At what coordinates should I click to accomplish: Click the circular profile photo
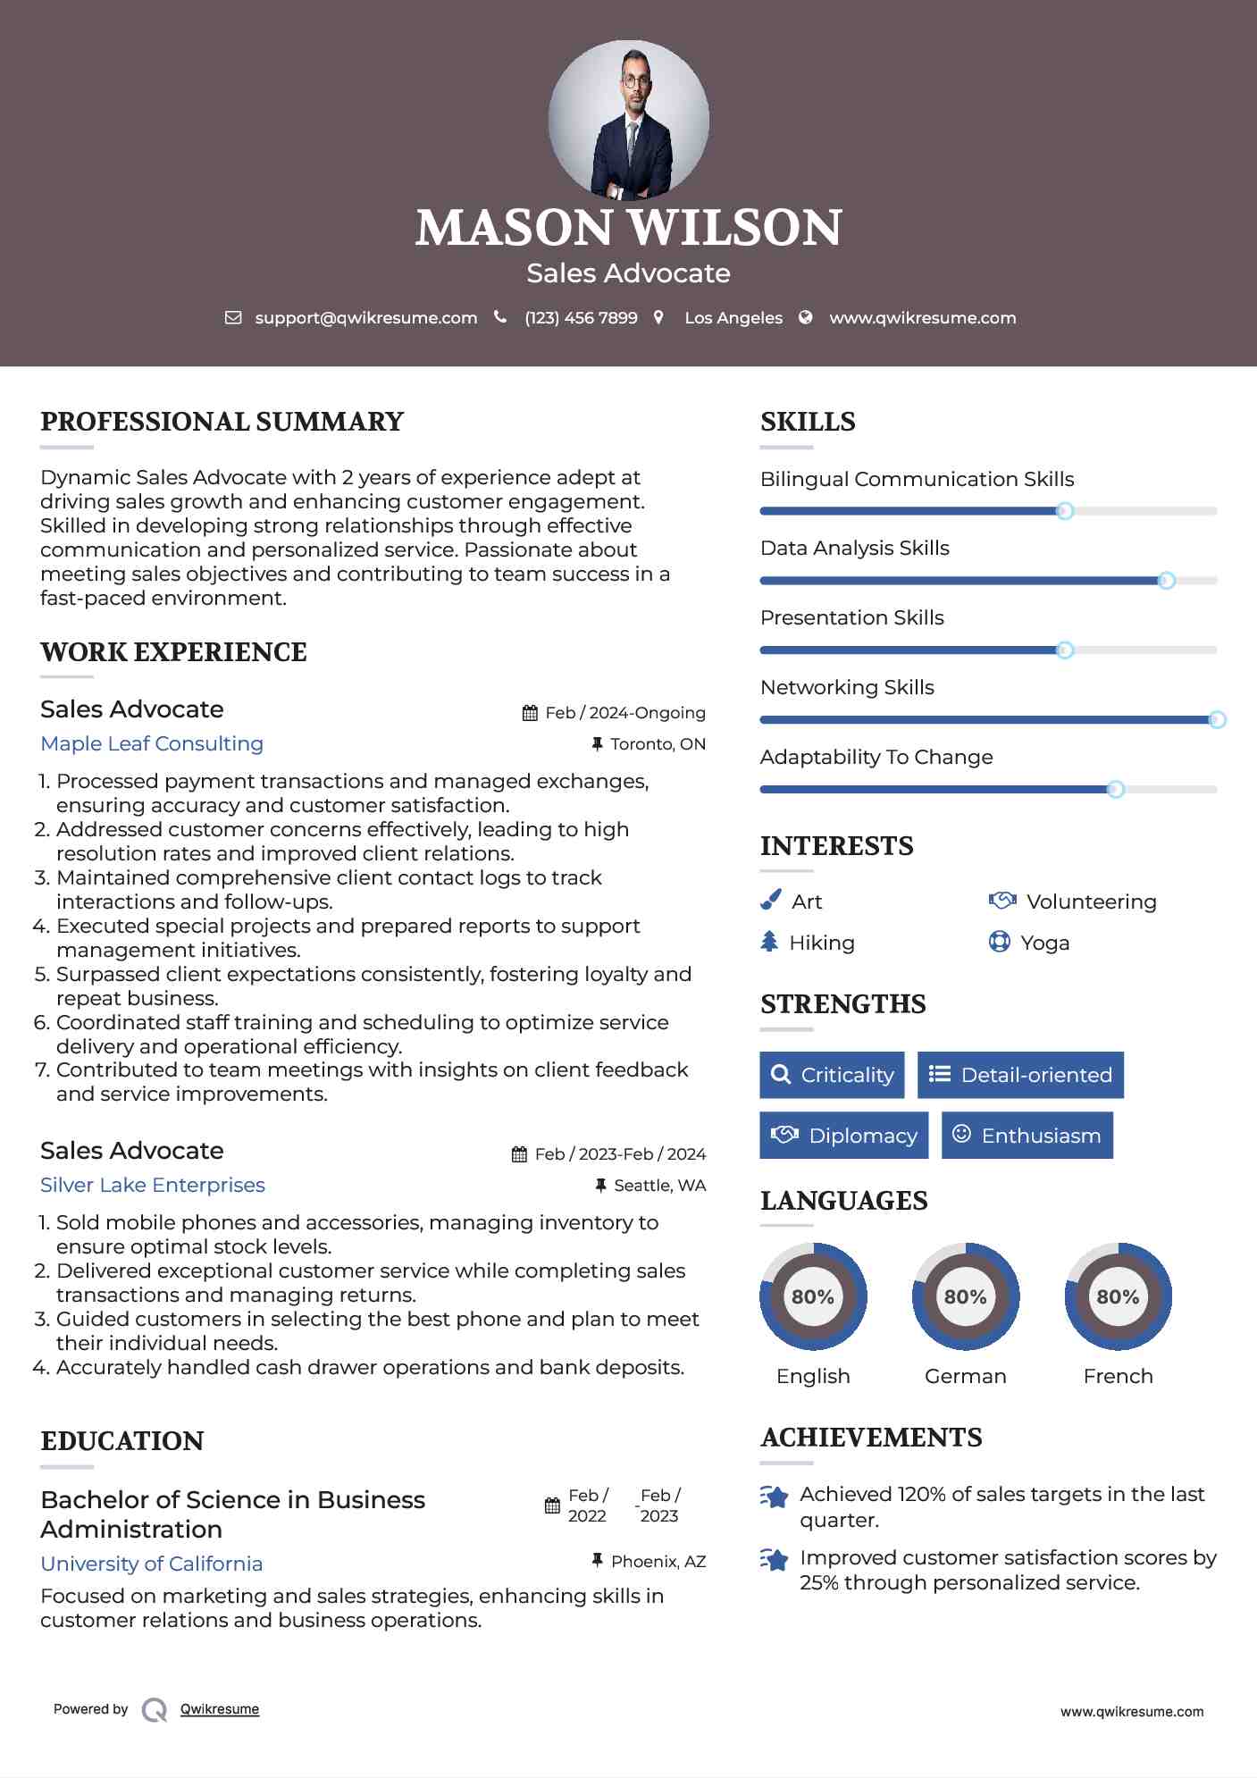pyautogui.click(x=628, y=120)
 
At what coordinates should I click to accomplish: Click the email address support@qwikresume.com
pyautogui.click(x=365, y=318)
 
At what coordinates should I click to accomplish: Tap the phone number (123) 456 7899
pyautogui.click(x=581, y=318)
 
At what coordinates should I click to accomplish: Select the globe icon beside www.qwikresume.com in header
pyautogui.click(x=805, y=317)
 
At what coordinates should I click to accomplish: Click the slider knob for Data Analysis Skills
pyautogui.click(x=1166, y=581)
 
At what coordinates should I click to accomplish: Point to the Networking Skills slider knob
pyautogui.click(x=1217, y=720)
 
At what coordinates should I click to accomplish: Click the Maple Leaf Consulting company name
pyautogui.click(x=152, y=743)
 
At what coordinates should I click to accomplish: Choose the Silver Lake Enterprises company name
pyautogui.click(x=153, y=1185)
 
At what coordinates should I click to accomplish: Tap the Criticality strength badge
pyautogui.click(x=832, y=1075)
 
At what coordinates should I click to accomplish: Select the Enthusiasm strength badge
pyautogui.click(x=1027, y=1136)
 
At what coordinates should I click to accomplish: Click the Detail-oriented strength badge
pyautogui.click(x=1020, y=1075)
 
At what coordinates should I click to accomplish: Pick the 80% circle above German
pyautogui.click(x=965, y=1296)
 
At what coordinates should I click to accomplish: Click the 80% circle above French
pyautogui.click(x=1118, y=1296)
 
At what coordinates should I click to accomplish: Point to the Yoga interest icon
pyautogui.click(x=999, y=942)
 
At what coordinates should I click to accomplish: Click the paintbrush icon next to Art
pyautogui.click(x=770, y=901)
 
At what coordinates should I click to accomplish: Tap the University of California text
pyautogui.click(x=152, y=1564)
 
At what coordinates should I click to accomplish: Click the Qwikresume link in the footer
pyautogui.click(x=220, y=1709)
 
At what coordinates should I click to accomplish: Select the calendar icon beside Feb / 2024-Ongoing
pyautogui.click(x=530, y=713)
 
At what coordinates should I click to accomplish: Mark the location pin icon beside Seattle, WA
pyautogui.click(x=600, y=1185)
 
